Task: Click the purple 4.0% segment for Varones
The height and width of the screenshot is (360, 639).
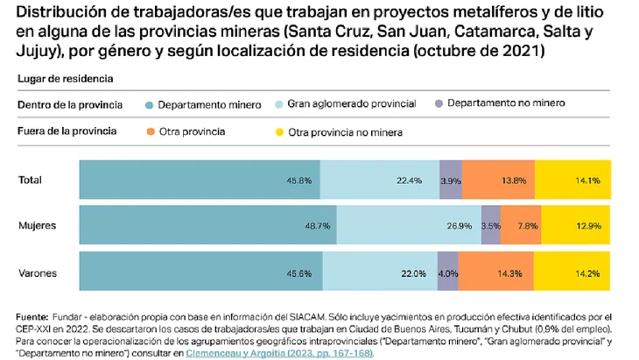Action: pos(447,272)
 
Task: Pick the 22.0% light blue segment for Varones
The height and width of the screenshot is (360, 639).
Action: pos(412,272)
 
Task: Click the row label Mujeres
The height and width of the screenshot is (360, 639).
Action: pos(37,226)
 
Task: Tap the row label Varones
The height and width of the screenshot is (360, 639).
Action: pos(38,272)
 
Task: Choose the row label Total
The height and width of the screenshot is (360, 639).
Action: pos(31,180)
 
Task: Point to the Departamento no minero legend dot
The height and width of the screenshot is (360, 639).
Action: pos(438,103)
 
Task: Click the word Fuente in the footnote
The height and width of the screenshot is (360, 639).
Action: pos(32,316)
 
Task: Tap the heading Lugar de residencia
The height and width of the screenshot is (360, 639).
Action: pos(65,79)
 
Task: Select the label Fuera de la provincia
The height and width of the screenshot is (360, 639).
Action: pos(67,131)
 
